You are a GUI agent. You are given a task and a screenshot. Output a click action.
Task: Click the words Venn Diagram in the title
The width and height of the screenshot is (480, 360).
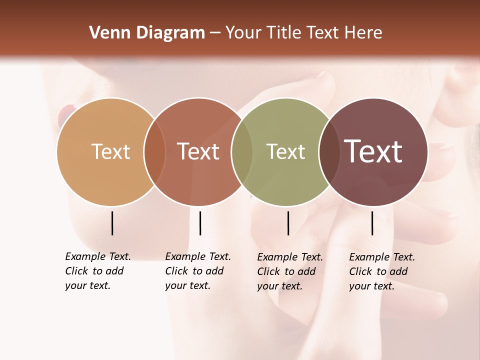147,33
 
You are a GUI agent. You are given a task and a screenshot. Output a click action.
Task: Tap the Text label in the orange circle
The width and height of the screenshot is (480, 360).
111,151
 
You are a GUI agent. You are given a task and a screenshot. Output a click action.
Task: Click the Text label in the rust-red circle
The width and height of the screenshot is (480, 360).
198,151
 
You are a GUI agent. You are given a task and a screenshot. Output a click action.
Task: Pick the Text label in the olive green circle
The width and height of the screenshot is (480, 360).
285,151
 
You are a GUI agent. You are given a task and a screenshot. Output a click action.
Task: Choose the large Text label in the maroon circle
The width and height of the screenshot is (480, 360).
373,151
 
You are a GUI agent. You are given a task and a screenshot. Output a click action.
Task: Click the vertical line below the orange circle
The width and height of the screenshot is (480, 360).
112,223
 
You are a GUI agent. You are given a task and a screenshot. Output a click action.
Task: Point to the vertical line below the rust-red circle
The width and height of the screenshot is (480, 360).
200,223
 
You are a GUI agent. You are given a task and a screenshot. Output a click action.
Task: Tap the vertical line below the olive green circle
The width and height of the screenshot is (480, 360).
288,223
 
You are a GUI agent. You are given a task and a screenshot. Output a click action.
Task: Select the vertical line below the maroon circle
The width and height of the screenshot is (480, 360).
372,223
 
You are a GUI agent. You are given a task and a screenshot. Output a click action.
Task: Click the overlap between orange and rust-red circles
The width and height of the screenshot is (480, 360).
154,151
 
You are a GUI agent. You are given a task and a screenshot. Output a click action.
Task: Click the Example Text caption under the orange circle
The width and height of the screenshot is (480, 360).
97,271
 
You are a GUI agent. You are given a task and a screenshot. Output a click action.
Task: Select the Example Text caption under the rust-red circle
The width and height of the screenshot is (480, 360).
197,271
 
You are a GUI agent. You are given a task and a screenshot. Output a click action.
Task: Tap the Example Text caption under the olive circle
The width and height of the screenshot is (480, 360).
289,271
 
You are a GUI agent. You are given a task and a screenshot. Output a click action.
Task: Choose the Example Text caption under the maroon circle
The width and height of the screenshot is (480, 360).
381,271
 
